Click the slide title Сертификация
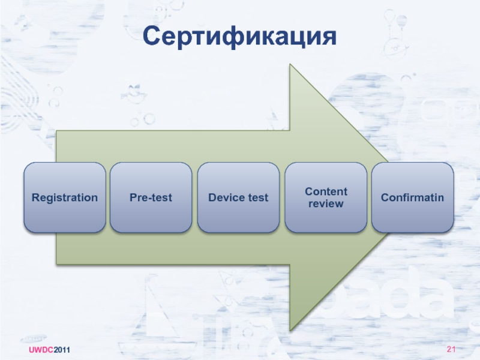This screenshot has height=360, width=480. pos(239,37)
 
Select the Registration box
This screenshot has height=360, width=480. pos(65,197)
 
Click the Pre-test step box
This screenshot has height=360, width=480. pos(151,197)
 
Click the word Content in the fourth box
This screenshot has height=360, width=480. pos(326,191)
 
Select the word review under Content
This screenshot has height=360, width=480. pos(326,204)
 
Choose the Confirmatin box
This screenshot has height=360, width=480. pos(413,197)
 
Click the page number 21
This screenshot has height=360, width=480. pos(452,350)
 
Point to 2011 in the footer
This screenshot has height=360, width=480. pos(62,350)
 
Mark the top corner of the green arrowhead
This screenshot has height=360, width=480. pos(290,65)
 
